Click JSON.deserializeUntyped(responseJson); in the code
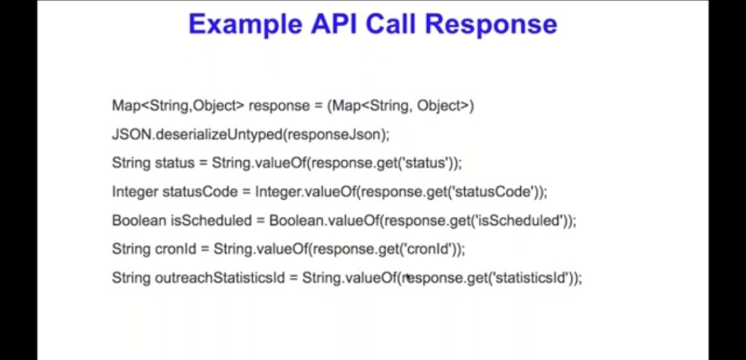coord(251,135)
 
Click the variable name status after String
coord(175,163)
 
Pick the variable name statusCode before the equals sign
coord(200,192)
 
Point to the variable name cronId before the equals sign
coord(176,249)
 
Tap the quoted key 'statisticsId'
coord(530,278)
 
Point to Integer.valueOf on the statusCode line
coord(306,192)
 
